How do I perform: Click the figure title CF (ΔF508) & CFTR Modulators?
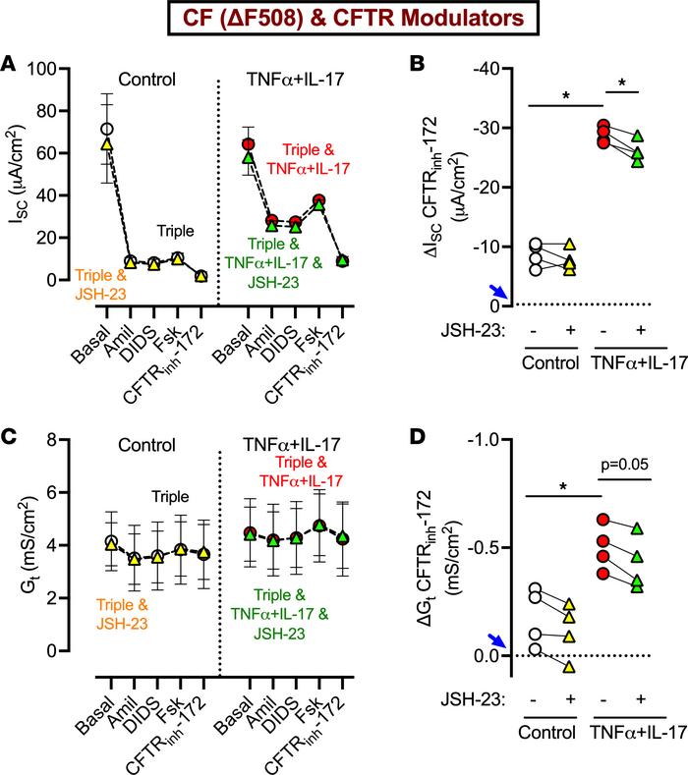tap(344, 20)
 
